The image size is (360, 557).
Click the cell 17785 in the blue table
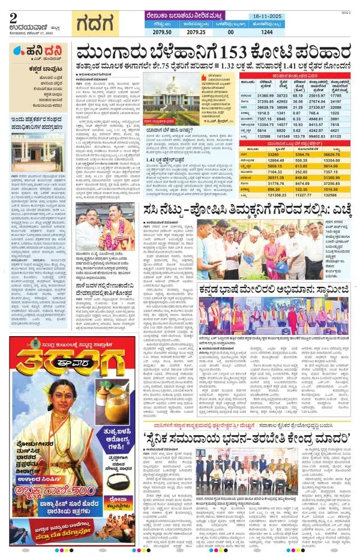click(x=340, y=96)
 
